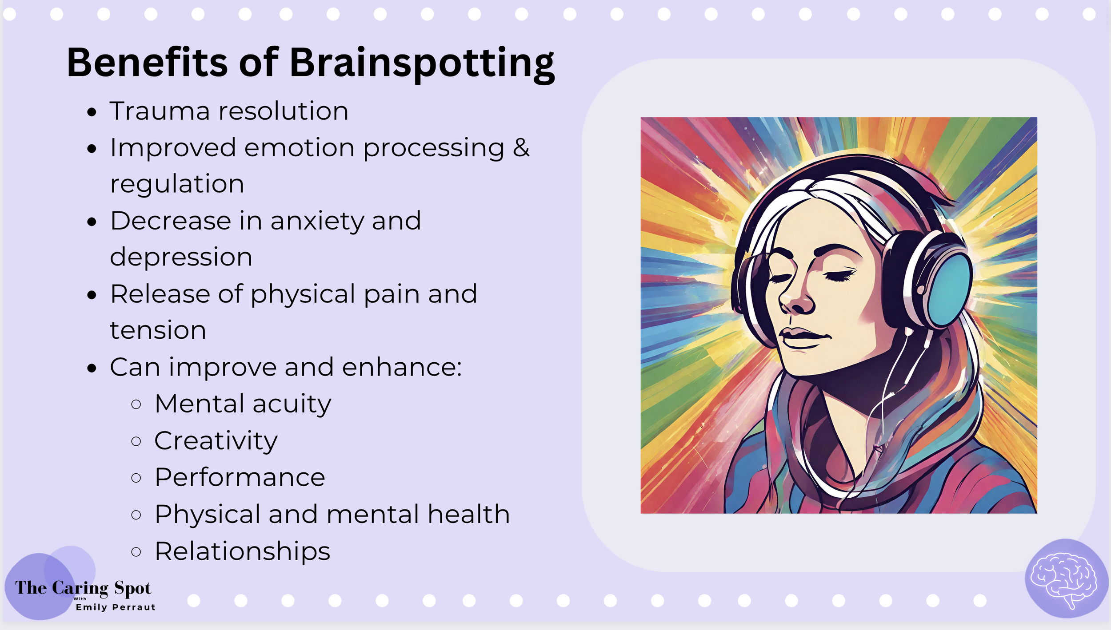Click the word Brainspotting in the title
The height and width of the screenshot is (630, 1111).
click(422, 63)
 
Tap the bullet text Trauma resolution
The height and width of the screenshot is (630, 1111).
click(229, 111)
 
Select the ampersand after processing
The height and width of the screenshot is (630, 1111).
click(521, 147)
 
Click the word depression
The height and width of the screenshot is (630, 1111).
click(181, 257)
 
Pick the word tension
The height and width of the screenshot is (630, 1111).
click(158, 330)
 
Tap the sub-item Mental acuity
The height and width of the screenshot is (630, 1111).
click(243, 404)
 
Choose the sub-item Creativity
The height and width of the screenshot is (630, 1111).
click(216, 441)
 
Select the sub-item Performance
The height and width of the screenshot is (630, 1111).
click(240, 477)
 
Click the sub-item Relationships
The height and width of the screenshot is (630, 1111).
click(242, 551)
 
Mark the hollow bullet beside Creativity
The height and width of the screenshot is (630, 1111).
click(136, 441)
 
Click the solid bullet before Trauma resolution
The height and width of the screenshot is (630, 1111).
click(92, 112)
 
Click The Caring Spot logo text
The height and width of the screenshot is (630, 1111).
click(83, 588)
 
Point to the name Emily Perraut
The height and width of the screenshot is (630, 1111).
click(116, 607)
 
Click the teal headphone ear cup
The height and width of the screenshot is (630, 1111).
click(949, 289)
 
